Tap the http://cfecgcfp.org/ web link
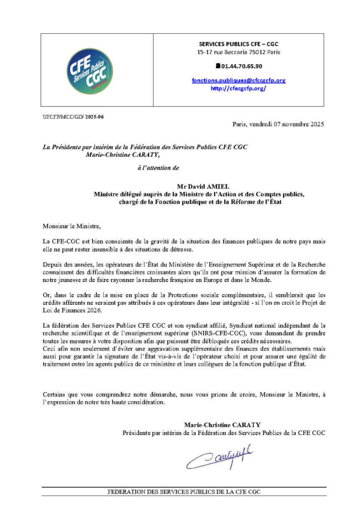(238, 88)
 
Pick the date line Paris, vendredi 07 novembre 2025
(278, 124)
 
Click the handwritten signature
(219, 457)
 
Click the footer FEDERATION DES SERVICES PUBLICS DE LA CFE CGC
(184, 492)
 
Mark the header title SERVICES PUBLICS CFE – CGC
(238, 44)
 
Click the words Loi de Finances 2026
(68, 311)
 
